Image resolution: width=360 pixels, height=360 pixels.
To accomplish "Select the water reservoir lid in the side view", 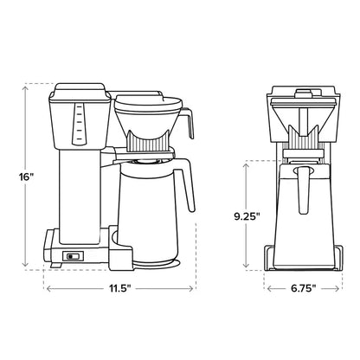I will (80, 89).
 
